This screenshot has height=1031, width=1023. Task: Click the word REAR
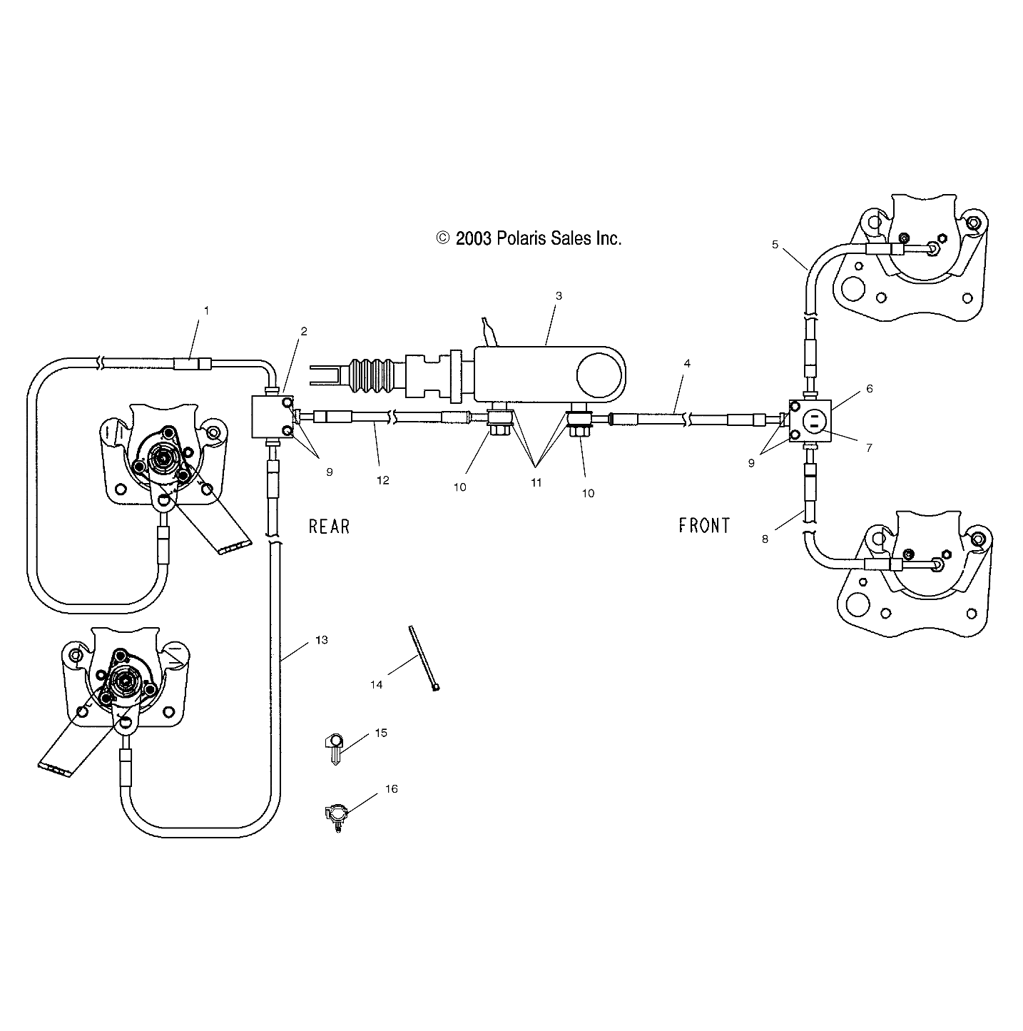tap(329, 527)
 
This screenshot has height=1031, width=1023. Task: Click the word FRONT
tap(704, 526)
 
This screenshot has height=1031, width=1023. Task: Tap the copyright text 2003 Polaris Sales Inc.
tap(529, 238)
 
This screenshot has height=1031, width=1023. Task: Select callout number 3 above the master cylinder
tap(559, 295)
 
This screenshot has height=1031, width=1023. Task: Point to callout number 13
tap(321, 640)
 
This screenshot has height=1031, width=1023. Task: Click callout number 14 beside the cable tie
tap(377, 684)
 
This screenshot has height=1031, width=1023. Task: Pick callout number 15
tap(381, 733)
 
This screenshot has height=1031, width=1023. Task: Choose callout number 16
tap(392, 788)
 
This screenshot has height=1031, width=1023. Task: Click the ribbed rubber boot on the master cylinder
tap(368, 375)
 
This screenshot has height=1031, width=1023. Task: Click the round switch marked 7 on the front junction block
tap(813, 422)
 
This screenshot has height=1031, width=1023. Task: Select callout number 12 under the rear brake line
tap(383, 480)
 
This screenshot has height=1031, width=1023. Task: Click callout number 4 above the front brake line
tap(686, 363)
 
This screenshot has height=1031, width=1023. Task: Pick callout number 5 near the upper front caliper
tap(775, 244)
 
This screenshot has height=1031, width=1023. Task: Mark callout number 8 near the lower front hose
tap(765, 539)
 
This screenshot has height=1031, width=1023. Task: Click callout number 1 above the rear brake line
tap(207, 310)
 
